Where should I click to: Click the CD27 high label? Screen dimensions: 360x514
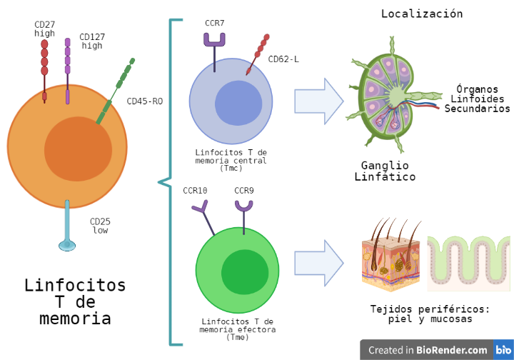[x=44, y=29]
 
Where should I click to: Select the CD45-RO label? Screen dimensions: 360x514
[x=144, y=101]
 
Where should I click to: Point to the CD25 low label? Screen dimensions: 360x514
[x=100, y=226]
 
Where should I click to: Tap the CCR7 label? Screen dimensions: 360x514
[x=214, y=23]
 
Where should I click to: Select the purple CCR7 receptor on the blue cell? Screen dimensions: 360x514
[x=215, y=42]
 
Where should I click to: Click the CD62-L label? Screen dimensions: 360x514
[x=283, y=59]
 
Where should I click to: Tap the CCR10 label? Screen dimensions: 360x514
[x=195, y=191]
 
